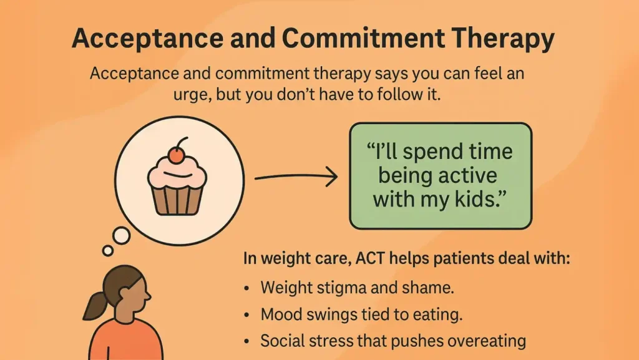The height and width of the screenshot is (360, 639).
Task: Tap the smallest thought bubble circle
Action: (108, 250)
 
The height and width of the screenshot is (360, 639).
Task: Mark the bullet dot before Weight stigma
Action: (248, 288)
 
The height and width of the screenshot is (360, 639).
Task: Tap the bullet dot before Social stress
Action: (248, 341)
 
